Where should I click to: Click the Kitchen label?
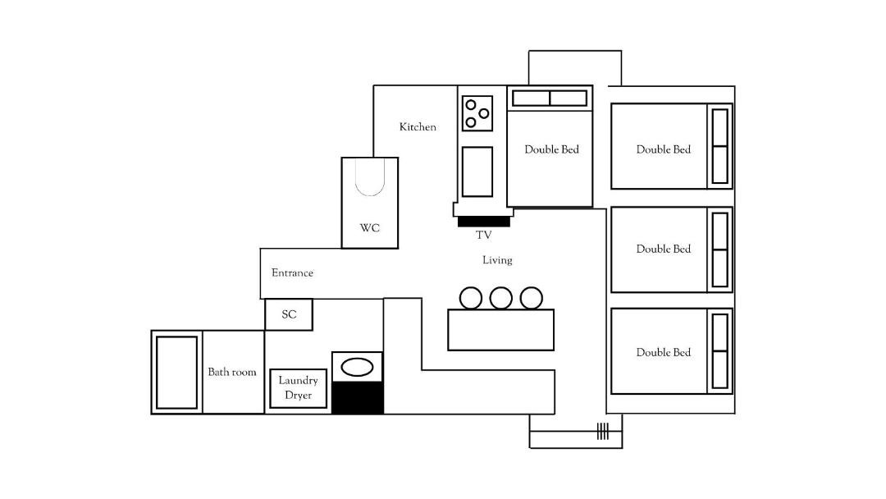click(418, 127)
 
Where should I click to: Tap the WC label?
click(369, 228)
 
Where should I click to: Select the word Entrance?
click(292, 273)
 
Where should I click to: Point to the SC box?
click(289, 314)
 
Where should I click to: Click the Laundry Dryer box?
click(299, 388)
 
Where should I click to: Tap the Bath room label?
click(231, 372)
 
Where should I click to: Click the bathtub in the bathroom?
click(177, 373)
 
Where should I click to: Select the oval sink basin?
click(357, 368)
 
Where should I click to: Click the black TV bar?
click(484, 222)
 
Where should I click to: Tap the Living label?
click(497, 260)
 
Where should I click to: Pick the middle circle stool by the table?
click(501, 298)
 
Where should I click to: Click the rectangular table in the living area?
click(500, 329)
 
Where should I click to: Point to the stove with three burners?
click(477, 113)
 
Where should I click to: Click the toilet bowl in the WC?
click(370, 177)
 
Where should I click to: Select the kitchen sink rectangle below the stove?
click(477, 172)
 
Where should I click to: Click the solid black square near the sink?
click(357, 398)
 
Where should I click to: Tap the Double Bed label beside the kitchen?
click(551, 149)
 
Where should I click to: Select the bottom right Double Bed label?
click(664, 353)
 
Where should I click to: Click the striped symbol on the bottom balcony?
click(603, 431)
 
